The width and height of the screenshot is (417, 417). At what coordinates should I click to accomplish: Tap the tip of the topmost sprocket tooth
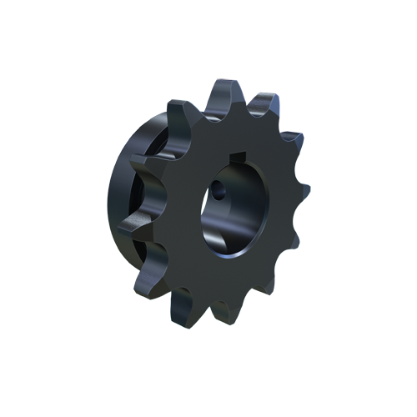click(228, 86)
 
